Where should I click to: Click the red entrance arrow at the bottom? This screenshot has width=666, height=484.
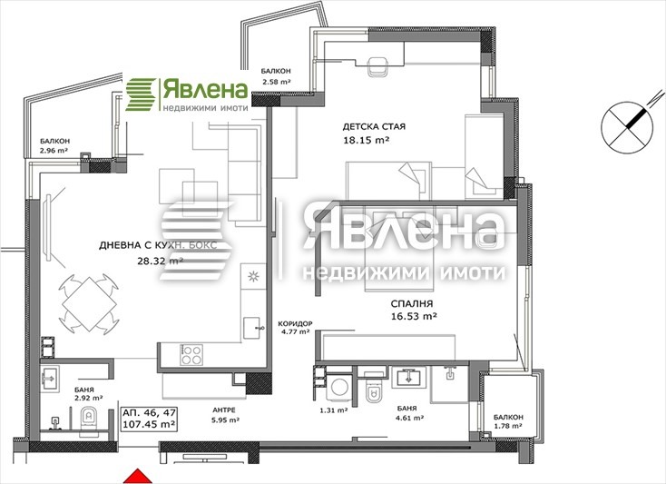coord(135,475)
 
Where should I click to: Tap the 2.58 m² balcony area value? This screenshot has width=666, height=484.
coord(275,83)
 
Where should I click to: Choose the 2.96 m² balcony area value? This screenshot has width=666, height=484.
coord(54,151)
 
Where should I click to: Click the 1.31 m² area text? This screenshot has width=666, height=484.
coord(335,410)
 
